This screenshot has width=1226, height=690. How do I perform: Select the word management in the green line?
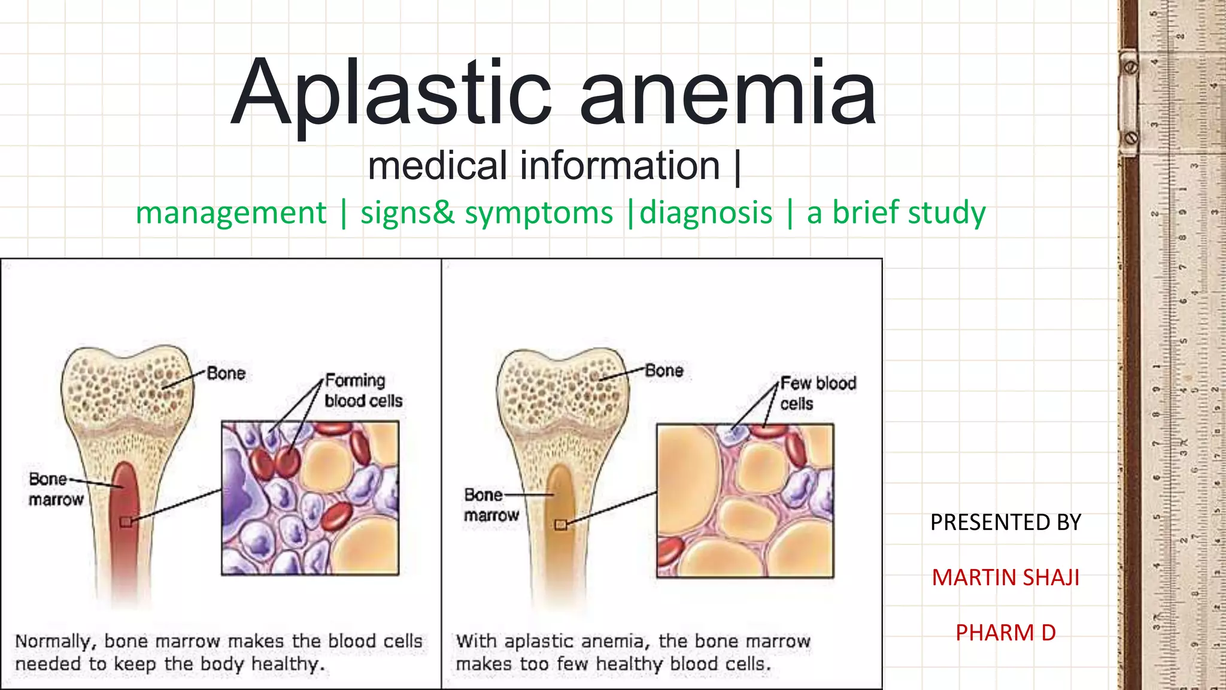(231, 213)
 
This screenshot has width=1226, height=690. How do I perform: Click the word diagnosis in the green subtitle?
(706, 213)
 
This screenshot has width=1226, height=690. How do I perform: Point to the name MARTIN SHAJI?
(1005, 577)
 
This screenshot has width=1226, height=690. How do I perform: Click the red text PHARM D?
(1005, 632)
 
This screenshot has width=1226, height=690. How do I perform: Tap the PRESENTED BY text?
(1005, 522)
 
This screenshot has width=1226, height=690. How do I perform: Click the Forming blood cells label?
(363, 391)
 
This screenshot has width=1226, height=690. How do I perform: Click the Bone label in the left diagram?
(226, 374)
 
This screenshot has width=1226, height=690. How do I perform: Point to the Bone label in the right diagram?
(664, 371)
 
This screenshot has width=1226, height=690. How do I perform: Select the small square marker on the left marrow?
(126, 522)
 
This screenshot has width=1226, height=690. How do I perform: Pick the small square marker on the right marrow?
(561, 525)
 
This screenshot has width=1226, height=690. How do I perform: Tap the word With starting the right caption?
(477, 641)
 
